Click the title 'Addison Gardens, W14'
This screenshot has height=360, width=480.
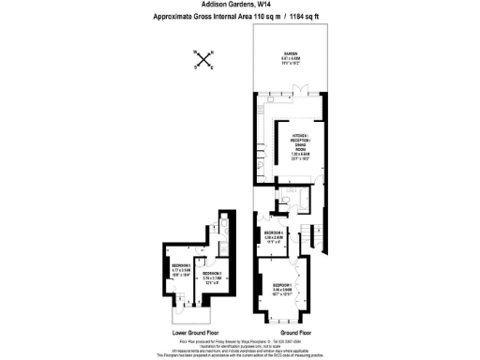239,6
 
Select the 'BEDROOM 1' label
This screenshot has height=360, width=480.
284,287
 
